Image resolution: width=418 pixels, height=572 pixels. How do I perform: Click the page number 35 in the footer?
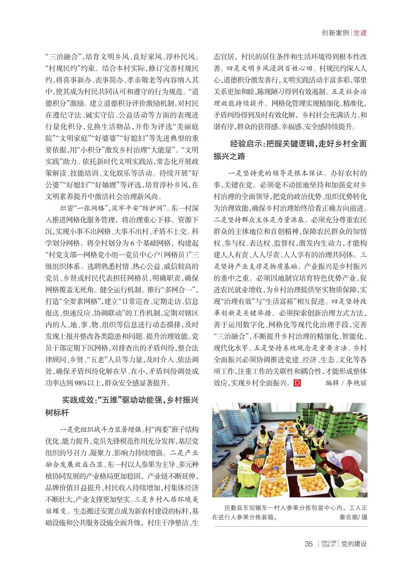tap(308, 544)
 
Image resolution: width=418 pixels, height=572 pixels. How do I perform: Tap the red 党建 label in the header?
tap(360, 33)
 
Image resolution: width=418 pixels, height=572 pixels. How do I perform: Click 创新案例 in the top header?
tap(335, 33)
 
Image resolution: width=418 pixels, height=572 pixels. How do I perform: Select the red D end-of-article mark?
tap(297, 383)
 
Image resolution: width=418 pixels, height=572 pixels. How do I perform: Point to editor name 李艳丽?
tap(356, 383)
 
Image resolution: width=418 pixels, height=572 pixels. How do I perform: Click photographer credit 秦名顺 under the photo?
tap(348, 517)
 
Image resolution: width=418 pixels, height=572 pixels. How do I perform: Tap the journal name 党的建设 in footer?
tap(354, 544)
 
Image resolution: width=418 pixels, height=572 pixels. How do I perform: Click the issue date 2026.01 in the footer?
tap(327, 546)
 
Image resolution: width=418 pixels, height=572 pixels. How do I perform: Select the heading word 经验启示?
tap(247, 144)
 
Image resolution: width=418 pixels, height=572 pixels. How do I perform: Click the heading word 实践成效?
tap(78, 400)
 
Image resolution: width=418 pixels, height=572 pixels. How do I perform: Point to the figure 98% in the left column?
tap(82, 383)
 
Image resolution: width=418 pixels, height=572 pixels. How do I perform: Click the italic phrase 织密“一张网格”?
tap(82, 208)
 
